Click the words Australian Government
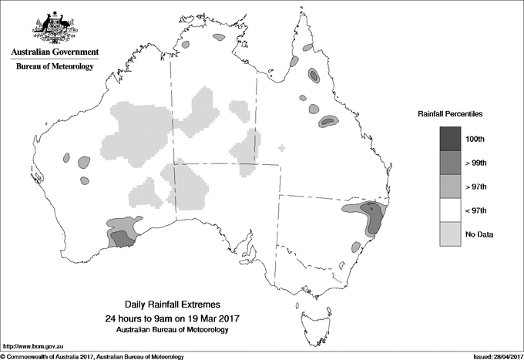[55, 52]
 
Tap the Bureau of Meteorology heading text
[55, 67]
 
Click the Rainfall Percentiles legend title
[451, 114]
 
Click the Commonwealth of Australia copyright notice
[92, 356]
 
